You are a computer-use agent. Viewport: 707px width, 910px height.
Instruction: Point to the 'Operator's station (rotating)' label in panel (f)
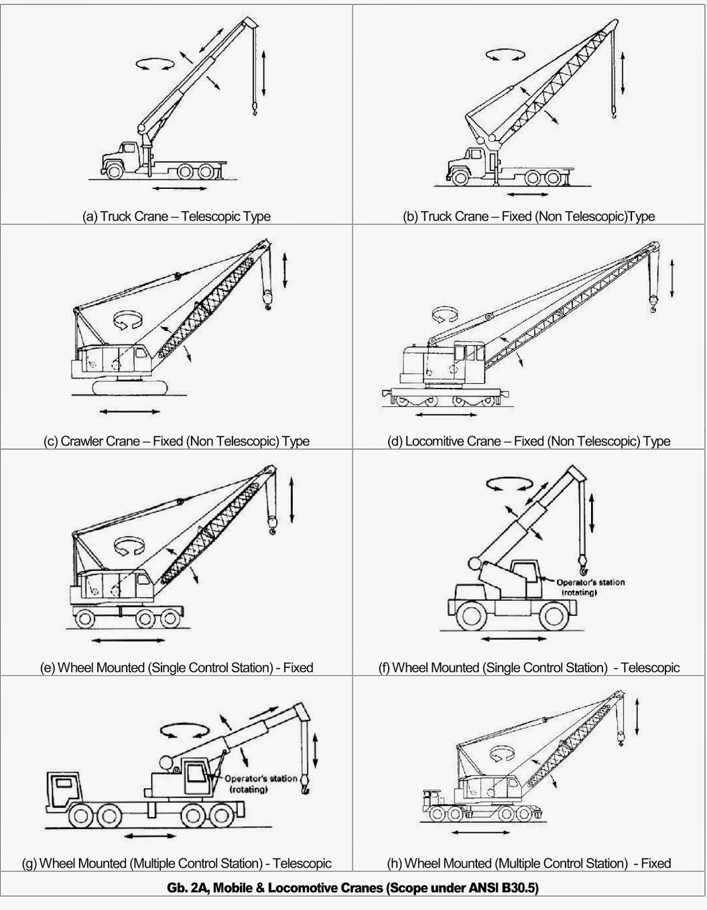click(x=590, y=587)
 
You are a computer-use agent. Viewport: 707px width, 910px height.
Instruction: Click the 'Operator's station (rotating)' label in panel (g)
click(x=260, y=784)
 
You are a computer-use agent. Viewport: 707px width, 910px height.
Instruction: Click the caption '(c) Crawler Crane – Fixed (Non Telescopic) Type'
click(x=176, y=441)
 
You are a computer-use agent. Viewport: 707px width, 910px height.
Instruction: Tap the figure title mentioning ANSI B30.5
click(x=352, y=888)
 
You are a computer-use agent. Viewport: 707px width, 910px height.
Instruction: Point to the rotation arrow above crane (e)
click(x=130, y=547)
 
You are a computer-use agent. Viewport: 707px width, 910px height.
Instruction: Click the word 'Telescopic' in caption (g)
click(x=302, y=863)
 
